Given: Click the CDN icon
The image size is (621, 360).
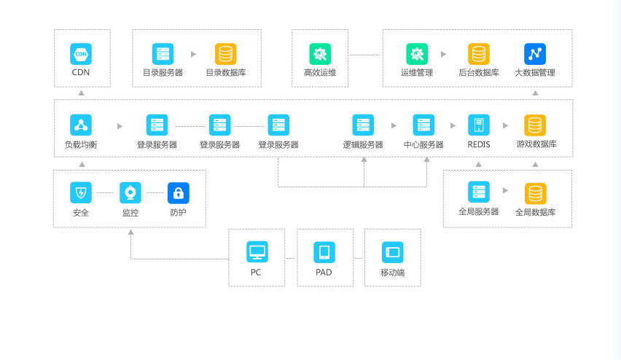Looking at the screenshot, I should pos(81,54).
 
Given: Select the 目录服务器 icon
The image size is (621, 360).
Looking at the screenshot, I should pos(163,54).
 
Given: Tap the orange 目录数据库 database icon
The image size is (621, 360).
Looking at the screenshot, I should pos(225,54).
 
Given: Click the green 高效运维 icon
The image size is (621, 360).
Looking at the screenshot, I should pos(320,54).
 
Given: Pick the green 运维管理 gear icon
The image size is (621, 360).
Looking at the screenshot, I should pos(417,54).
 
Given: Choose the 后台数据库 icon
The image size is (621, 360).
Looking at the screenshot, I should pos(479,54).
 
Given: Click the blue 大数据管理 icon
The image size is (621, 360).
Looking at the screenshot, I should pos(535,54).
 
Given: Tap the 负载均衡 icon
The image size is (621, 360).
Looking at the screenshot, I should pos(81,125).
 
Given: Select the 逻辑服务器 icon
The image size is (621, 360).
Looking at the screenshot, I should pos(363,125).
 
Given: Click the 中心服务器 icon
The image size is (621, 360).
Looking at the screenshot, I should pos(423,125).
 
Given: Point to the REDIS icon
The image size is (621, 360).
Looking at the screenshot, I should pos(479,125).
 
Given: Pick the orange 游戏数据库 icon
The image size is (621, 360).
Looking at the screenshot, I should pos(536,125).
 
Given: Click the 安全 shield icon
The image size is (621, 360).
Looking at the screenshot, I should pos(81,193).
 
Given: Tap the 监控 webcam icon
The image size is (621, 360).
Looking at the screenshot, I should pos(130,193).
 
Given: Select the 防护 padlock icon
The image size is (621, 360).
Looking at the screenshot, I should pos(179,193).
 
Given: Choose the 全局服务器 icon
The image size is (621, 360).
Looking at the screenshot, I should pos(479,193).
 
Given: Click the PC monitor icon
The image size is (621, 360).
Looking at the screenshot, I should pos(257,252).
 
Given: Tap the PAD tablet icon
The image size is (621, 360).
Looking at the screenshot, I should pos(324,252).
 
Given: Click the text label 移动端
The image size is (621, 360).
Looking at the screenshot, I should pos(392,273).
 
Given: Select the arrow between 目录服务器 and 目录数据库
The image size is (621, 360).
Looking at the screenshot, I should pos(193,54).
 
